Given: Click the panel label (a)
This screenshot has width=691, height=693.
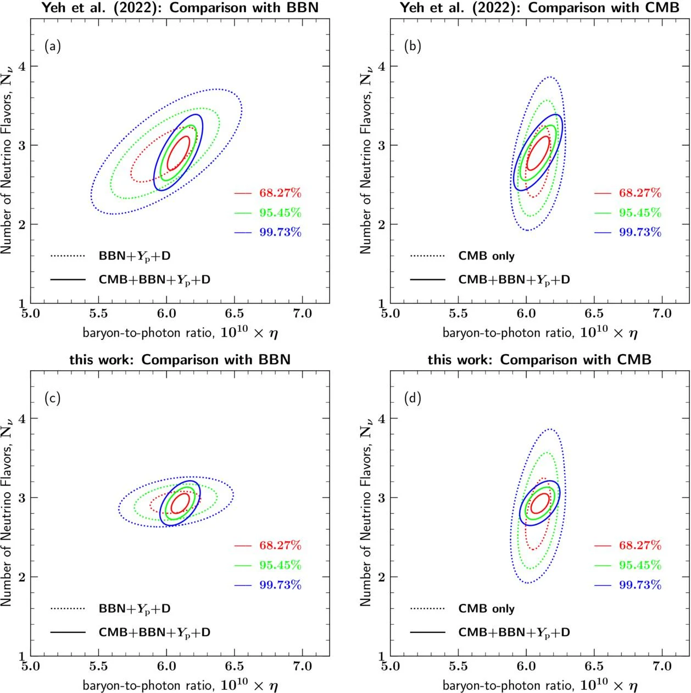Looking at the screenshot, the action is point(53,46).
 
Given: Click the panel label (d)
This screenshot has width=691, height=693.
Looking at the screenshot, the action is point(412,398).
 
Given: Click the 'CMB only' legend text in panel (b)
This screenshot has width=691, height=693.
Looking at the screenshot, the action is point(486,256).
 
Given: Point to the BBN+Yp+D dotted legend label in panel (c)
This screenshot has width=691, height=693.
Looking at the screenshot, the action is point(135,609).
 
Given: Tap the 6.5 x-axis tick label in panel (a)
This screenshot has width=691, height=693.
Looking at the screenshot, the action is point(235,313).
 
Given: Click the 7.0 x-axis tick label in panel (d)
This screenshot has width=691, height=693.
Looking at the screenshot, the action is point(662,666).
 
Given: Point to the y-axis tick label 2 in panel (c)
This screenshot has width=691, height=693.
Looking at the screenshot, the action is point(23,577).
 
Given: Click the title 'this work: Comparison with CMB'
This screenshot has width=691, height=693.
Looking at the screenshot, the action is point(539,360).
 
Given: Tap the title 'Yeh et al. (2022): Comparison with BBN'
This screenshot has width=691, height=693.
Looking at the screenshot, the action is point(180,8).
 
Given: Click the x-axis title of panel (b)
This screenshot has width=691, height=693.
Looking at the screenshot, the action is point(540,333).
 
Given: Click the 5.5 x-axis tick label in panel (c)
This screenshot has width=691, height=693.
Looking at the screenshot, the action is point(98,666).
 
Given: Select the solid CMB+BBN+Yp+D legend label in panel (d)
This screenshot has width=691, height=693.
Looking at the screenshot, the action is point(514,632).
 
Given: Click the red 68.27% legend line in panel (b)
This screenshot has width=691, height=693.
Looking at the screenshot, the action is point(603,194).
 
